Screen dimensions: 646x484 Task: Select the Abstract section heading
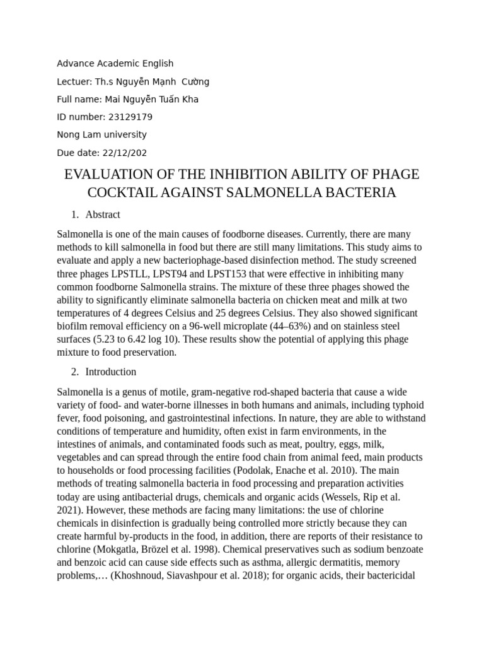(103, 214)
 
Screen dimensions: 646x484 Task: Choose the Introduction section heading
(111, 372)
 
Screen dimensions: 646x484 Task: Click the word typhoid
(406, 404)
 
